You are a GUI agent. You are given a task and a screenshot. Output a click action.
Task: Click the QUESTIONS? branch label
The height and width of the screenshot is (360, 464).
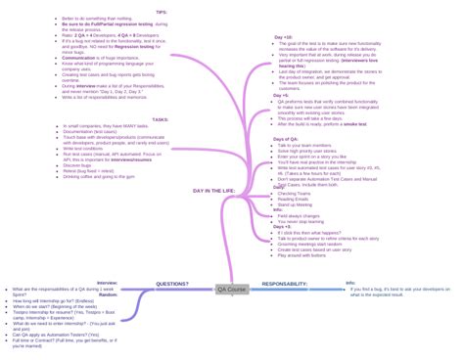[x=172, y=284]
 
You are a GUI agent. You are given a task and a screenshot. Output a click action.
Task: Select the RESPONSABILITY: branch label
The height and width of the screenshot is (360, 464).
[x=284, y=284]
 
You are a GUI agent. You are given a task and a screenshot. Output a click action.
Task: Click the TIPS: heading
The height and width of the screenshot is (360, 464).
[x=161, y=12]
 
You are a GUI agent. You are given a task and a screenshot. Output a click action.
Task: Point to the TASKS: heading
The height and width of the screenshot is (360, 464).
[x=160, y=119]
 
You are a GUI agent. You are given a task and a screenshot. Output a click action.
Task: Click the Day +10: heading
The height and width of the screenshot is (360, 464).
[x=283, y=36]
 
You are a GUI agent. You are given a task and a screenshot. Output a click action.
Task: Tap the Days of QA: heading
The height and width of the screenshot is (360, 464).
[x=286, y=140]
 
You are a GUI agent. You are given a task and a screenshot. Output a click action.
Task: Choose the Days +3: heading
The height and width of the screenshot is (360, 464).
[x=282, y=225]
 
